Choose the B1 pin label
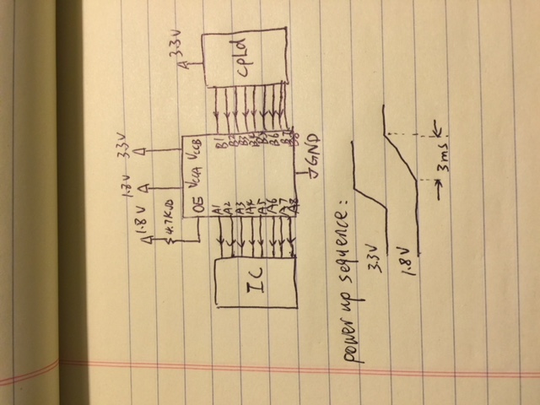[x=219, y=143]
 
